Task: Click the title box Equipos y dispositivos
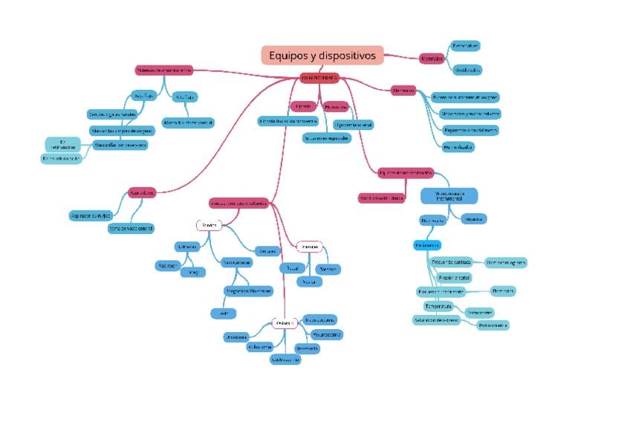pos(322,56)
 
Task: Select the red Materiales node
pos(432,59)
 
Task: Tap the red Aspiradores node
pos(142,192)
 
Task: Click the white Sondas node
pos(209,225)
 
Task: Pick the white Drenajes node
pos(309,246)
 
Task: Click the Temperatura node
pos(438,306)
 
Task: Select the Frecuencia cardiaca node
pos(452,262)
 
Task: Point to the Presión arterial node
pos(454,277)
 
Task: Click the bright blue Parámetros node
pos(427,245)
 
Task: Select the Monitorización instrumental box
pos(448,196)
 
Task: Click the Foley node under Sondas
pos(192,273)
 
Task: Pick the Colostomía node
pos(260,346)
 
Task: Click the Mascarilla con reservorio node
pos(120,145)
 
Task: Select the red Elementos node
pos(403,91)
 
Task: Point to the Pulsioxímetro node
pos(493,325)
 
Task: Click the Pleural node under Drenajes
pos(290,267)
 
